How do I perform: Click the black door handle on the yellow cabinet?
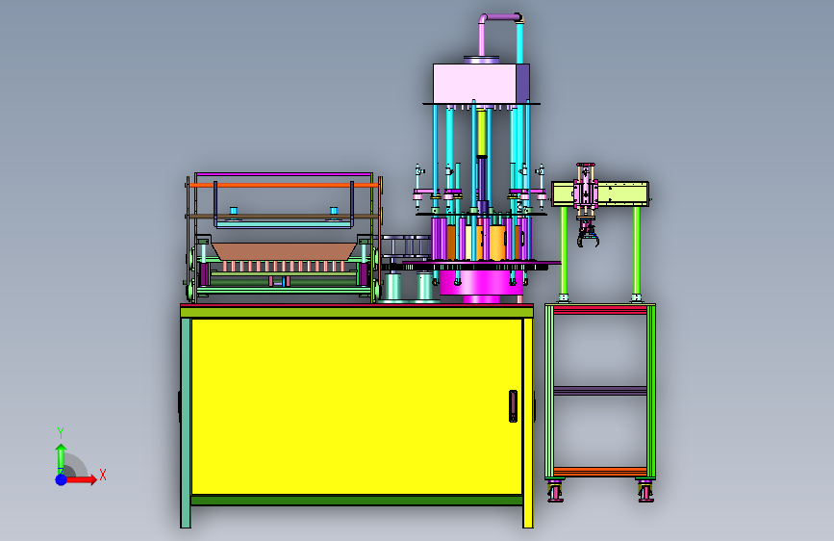coord(513,406)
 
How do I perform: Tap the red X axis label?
coord(103,475)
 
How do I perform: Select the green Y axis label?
coord(61,433)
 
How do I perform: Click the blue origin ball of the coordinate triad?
coord(62,479)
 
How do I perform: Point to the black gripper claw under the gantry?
coord(588,235)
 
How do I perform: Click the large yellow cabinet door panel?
coord(356,407)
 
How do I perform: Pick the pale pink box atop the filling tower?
coord(474,84)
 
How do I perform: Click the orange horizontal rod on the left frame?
coord(284,185)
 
